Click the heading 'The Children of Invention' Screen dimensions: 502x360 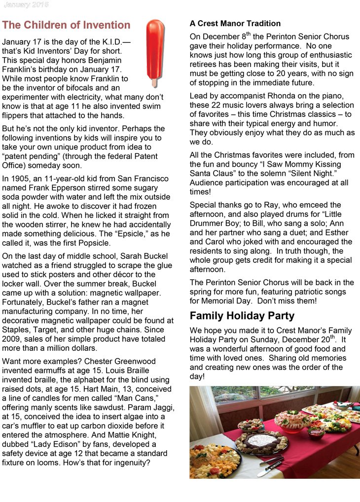pos(66,25)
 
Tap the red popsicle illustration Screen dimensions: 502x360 pos(155,49)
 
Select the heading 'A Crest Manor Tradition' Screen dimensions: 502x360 pos(235,23)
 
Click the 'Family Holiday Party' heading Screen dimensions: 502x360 pos(242,316)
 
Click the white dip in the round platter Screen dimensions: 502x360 pos(261,439)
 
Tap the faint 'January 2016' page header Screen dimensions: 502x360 pos(26,4)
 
